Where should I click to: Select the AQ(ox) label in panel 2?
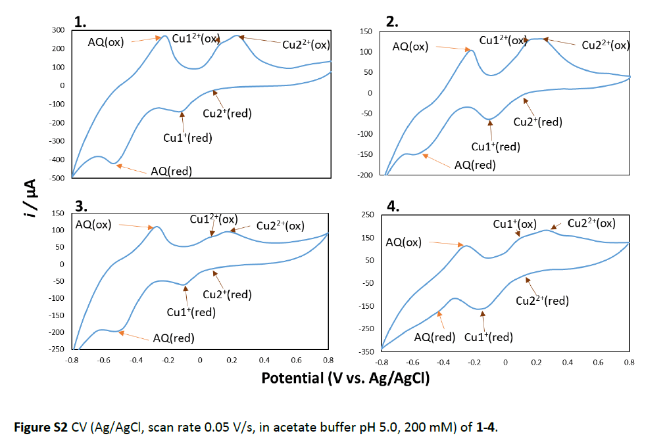[x=410, y=46]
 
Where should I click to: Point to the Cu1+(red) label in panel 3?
[x=191, y=312]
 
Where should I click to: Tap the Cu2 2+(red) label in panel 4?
[x=542, y=301]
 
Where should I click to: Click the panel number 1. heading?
[x=81, y=22]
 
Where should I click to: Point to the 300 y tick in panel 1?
[x=59, y=30]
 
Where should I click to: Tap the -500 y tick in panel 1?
[x=57, y=178]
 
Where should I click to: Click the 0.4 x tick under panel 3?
[x=264, y=360]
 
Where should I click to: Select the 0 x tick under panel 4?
[x=505, y=363]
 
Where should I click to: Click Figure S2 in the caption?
[x=41, y=426]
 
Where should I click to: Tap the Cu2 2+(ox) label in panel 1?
[x=306, y=45]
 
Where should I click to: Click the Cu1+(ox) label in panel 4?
[x=515, y=224]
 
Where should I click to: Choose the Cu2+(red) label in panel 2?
[x=537, y=122]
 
